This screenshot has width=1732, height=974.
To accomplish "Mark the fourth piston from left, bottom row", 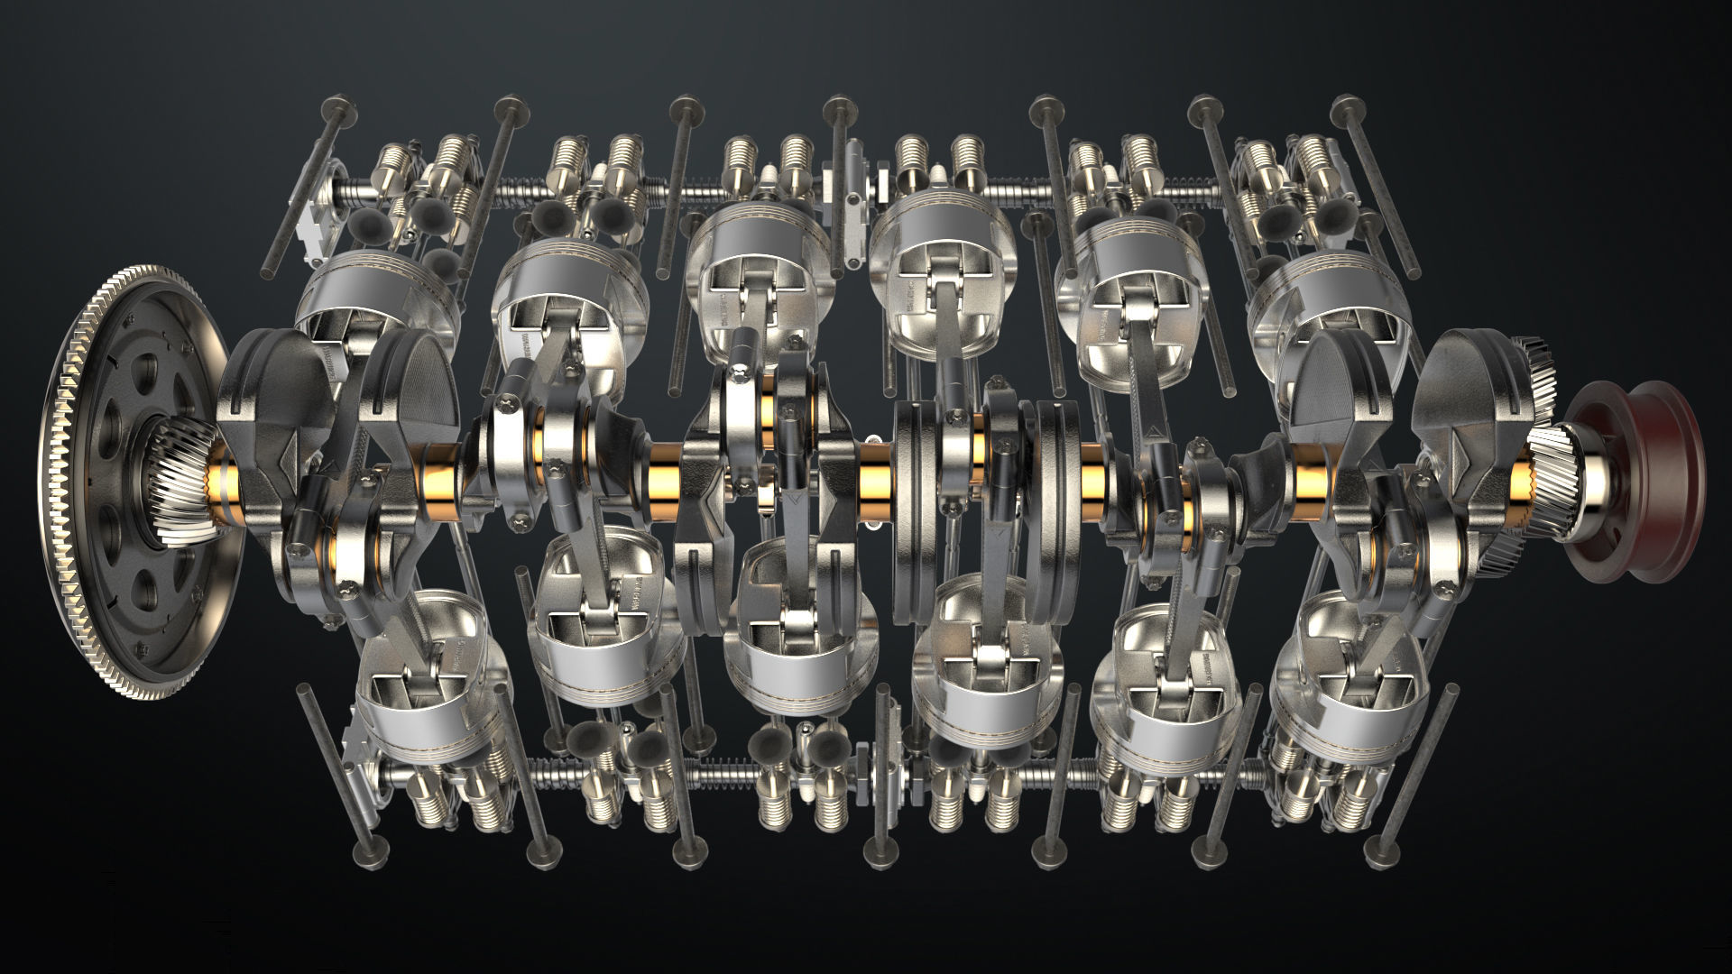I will (x=983, y=667).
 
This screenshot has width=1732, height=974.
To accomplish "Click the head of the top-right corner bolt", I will (x=1343, y=105).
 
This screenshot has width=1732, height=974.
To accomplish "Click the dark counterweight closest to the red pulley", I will (x=1461, y=379).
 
